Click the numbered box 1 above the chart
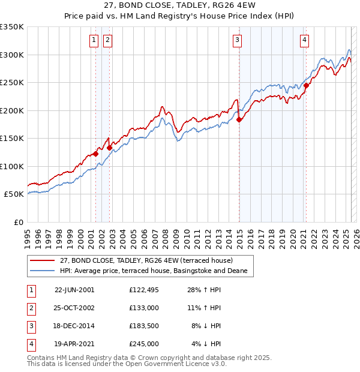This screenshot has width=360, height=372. pyautogui.click(x=94, y=40)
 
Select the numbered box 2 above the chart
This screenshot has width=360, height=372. pyautogui.click(x=107, y=40)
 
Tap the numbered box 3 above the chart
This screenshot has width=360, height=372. pyautogui.click(x=238, y=40)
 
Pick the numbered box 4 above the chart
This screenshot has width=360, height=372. pyautogui.click(x=305, y=40)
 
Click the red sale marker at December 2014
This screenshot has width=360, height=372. pyautogui.click(x=239, y=119)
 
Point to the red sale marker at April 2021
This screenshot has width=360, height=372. pyautogui.click(x=306, y=85)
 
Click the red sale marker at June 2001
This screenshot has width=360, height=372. pyautogui.click(x=95, y=154)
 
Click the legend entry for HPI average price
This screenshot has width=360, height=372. pyautogui.click(x=157, y=271)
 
